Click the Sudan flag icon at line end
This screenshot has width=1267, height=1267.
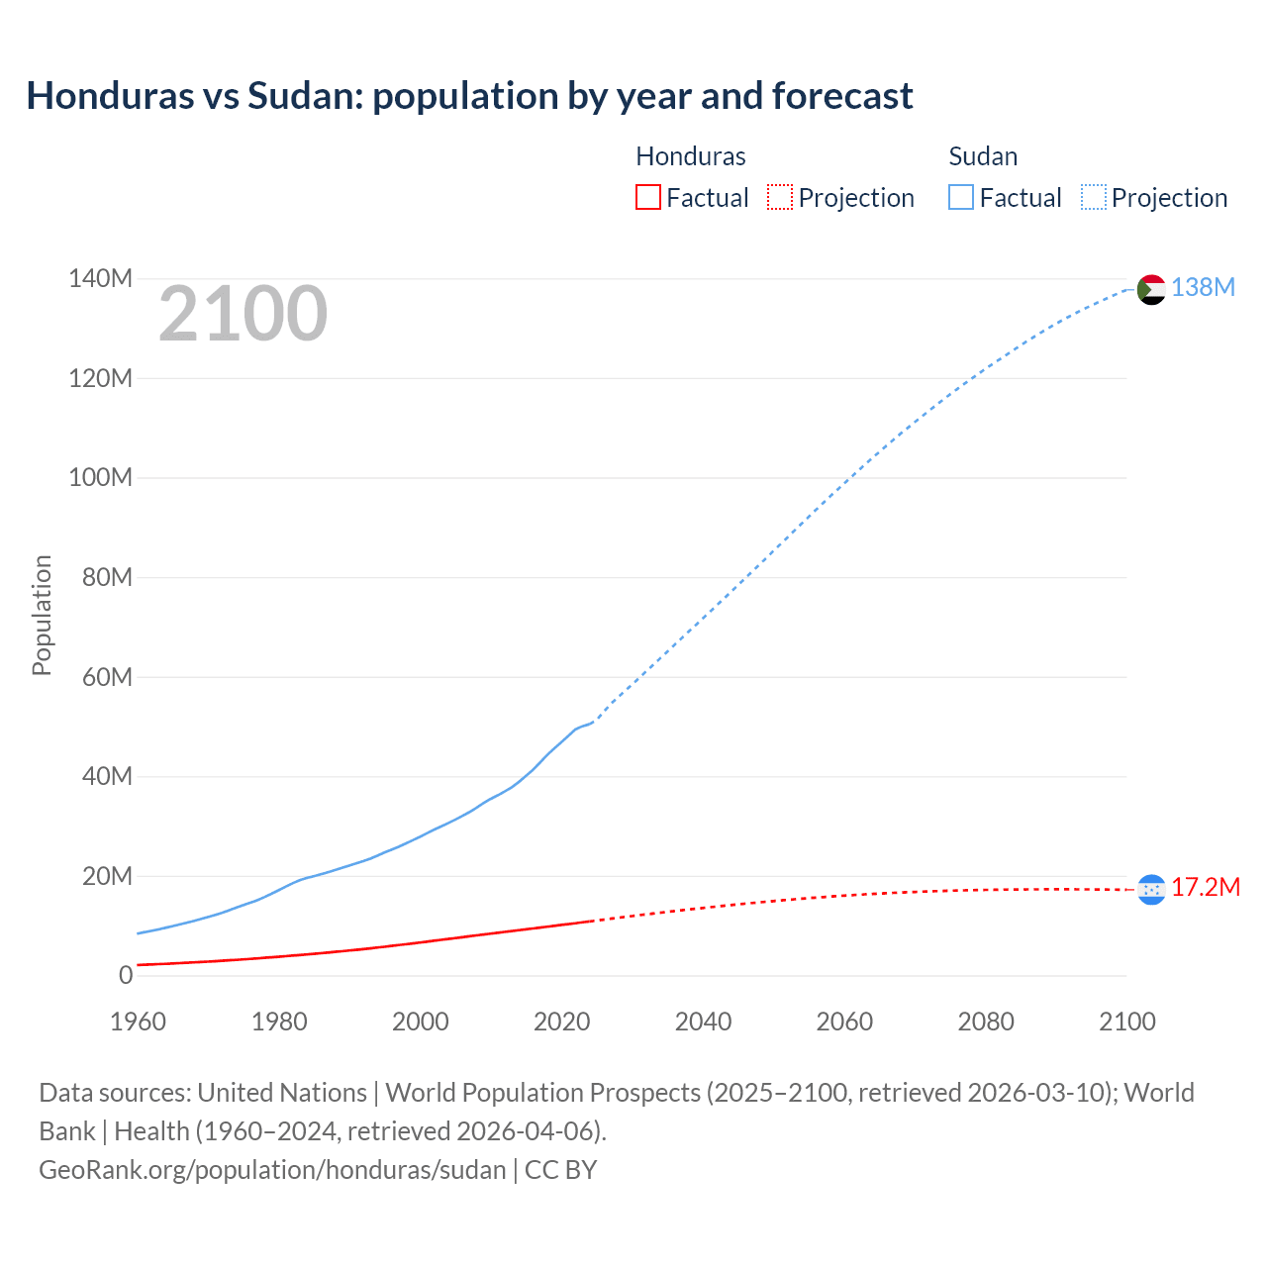(x=1151, y=289)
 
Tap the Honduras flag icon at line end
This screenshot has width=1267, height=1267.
(x=1151, y=890)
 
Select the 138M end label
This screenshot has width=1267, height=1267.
(x=1203, y=287)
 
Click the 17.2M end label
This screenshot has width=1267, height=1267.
(x=1205, y=887)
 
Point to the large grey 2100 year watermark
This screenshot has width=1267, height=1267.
(x=243, y=314)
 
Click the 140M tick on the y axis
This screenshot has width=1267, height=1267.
(x=100, y=279)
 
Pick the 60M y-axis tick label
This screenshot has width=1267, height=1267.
(x=106, y=677)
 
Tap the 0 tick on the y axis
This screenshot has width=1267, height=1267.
(x=125, y=975)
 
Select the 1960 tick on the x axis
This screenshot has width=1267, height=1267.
(x=138, y=1022)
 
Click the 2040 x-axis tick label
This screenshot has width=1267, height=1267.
(x=703, y=1022)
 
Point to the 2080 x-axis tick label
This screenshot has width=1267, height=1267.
(x=986, y=1022)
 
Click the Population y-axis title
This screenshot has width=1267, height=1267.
(x=42, y=615)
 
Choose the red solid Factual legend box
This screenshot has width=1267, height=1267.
(x=647, y=197)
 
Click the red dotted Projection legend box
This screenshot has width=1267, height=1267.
(x=780, y=197)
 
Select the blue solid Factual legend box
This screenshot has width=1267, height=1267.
(x=961, y=197)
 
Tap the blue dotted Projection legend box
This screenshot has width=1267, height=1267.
(x=1094, y=197)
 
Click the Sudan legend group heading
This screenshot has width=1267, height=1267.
(x=983, y=156)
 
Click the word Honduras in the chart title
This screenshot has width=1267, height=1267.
(x=110, y=96)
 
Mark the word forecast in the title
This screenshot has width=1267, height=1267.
(x=842, y=96)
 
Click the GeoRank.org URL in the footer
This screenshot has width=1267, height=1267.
(x=272, y=1169)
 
